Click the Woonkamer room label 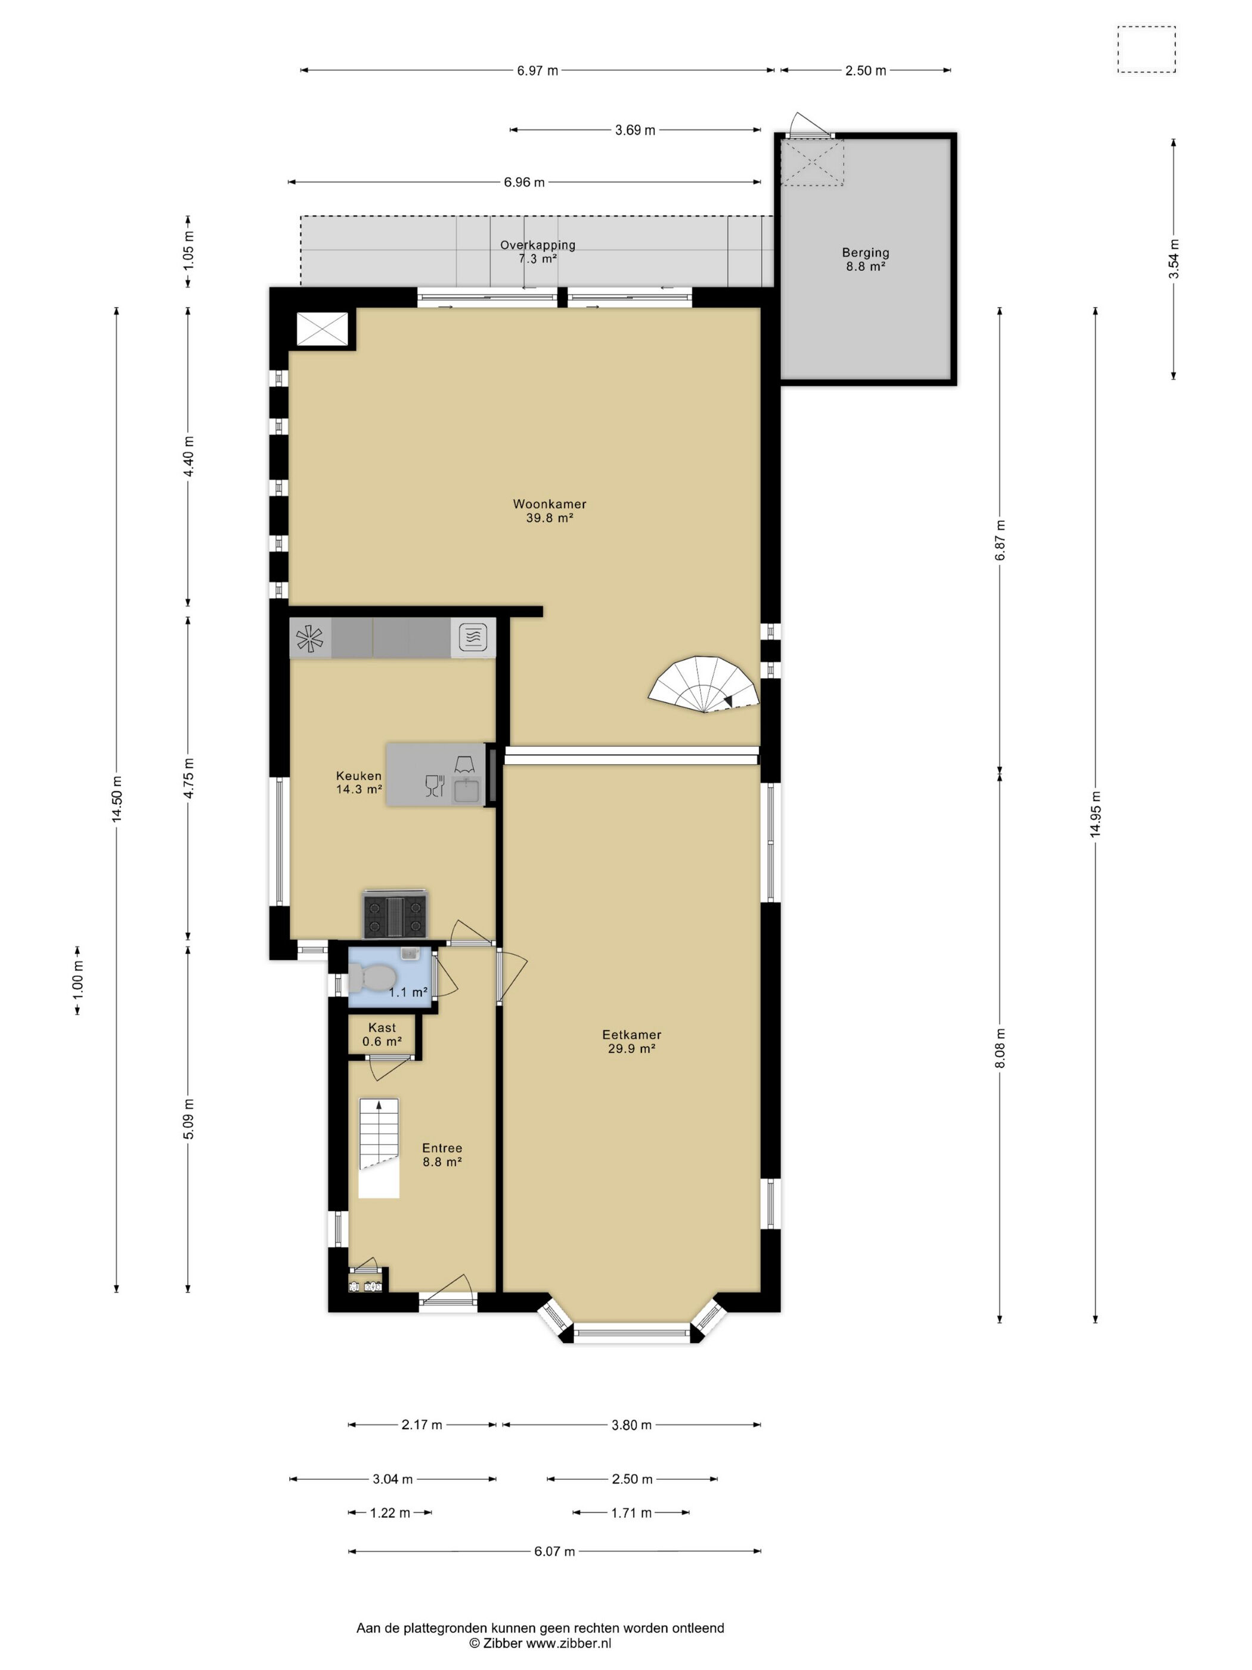550,511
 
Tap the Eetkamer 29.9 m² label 631,1042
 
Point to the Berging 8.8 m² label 866,259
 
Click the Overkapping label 537,252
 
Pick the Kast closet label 382,1034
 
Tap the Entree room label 442,1155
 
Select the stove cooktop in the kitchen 395,914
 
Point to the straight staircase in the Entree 378,1148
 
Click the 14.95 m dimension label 1095,814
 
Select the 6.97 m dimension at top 537,71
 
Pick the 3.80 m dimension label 631,1425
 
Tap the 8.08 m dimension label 1000,1048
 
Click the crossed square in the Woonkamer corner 323,329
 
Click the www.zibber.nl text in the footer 568,1643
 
